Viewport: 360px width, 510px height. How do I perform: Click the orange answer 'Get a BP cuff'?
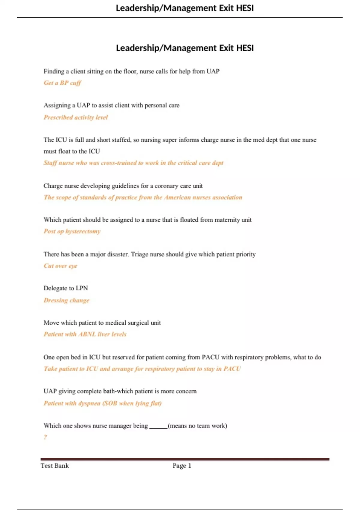62,83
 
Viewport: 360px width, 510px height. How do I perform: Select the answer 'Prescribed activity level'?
76,117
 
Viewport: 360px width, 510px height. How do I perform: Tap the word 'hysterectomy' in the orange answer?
83,231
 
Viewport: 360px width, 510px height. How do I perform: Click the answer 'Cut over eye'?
60,266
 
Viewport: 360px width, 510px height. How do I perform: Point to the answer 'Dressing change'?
66,300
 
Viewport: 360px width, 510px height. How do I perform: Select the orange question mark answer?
45,437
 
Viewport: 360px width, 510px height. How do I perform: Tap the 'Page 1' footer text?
182,466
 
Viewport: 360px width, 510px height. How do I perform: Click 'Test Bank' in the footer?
55,466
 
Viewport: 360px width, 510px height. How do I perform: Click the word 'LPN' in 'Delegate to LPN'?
82,288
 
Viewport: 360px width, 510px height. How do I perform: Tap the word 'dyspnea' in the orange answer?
89,403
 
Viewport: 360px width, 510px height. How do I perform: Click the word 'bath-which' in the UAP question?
118,391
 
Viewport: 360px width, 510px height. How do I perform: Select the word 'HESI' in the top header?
245,8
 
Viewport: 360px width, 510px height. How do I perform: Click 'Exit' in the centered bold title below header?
226,48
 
